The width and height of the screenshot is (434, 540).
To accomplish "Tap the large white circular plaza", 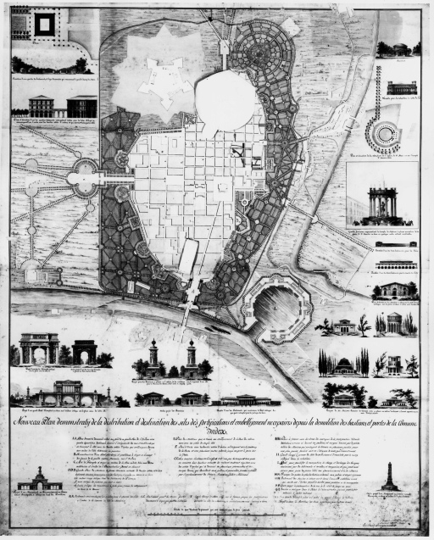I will pos(225,98).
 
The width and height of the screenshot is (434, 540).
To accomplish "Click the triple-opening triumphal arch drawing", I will pos(40,349).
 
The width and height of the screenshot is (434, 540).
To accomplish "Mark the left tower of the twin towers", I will pos(154,358).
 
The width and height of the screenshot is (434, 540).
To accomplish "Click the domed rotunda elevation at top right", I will pos(396,47).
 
